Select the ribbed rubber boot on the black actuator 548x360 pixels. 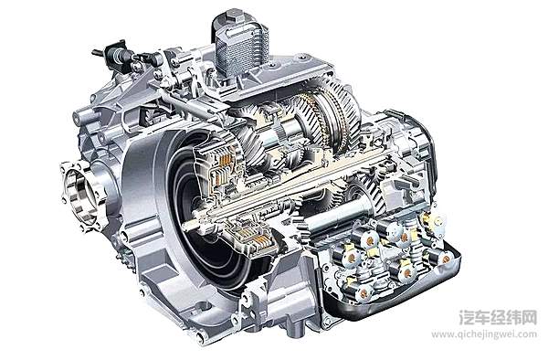pyautogui.click(x=121, y=56)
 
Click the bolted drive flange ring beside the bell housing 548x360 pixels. pyautogui.click(x=79, y=193)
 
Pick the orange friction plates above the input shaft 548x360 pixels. pyautogui.click(x=225, y=164)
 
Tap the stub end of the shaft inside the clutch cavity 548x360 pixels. pyautogui.click(x=192, y=226)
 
